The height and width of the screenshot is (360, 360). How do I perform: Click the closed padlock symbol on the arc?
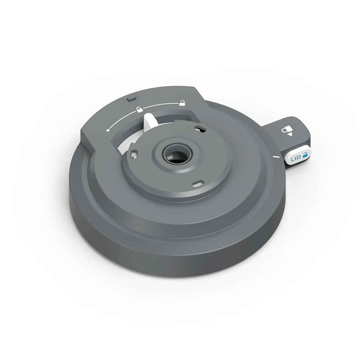(138, 109)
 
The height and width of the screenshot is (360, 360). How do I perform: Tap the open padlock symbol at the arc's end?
(182, 103)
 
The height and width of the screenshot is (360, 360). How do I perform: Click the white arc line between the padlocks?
(160, 105)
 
